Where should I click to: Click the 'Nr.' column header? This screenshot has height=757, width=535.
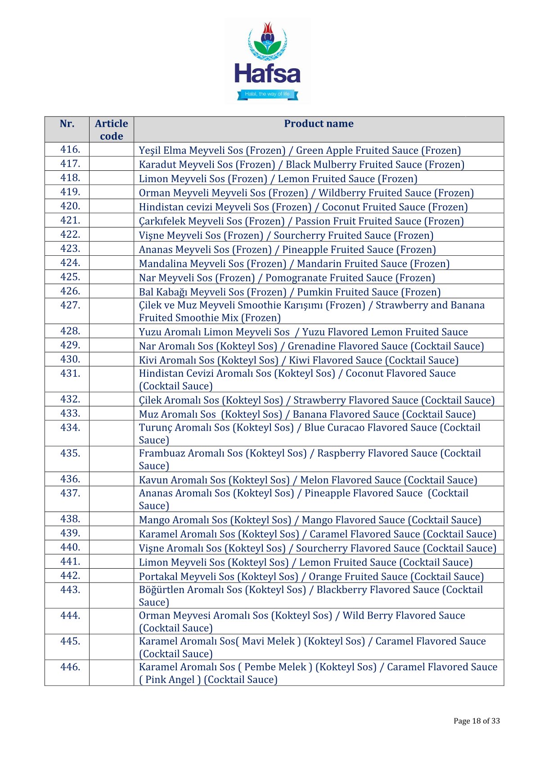coord(67,124)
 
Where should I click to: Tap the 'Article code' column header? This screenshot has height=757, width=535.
coord(111,129)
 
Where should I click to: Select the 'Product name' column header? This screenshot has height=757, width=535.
coord(319,124)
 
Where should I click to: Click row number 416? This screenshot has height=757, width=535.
coord(70,149)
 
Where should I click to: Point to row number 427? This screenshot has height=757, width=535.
coord(70,305)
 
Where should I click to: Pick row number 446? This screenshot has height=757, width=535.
coord(70,667)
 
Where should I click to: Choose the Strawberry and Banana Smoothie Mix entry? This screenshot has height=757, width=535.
coord(311,311)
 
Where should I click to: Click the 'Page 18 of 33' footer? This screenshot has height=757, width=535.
coord(477,721)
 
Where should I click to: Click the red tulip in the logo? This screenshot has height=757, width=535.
coord(268,31)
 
